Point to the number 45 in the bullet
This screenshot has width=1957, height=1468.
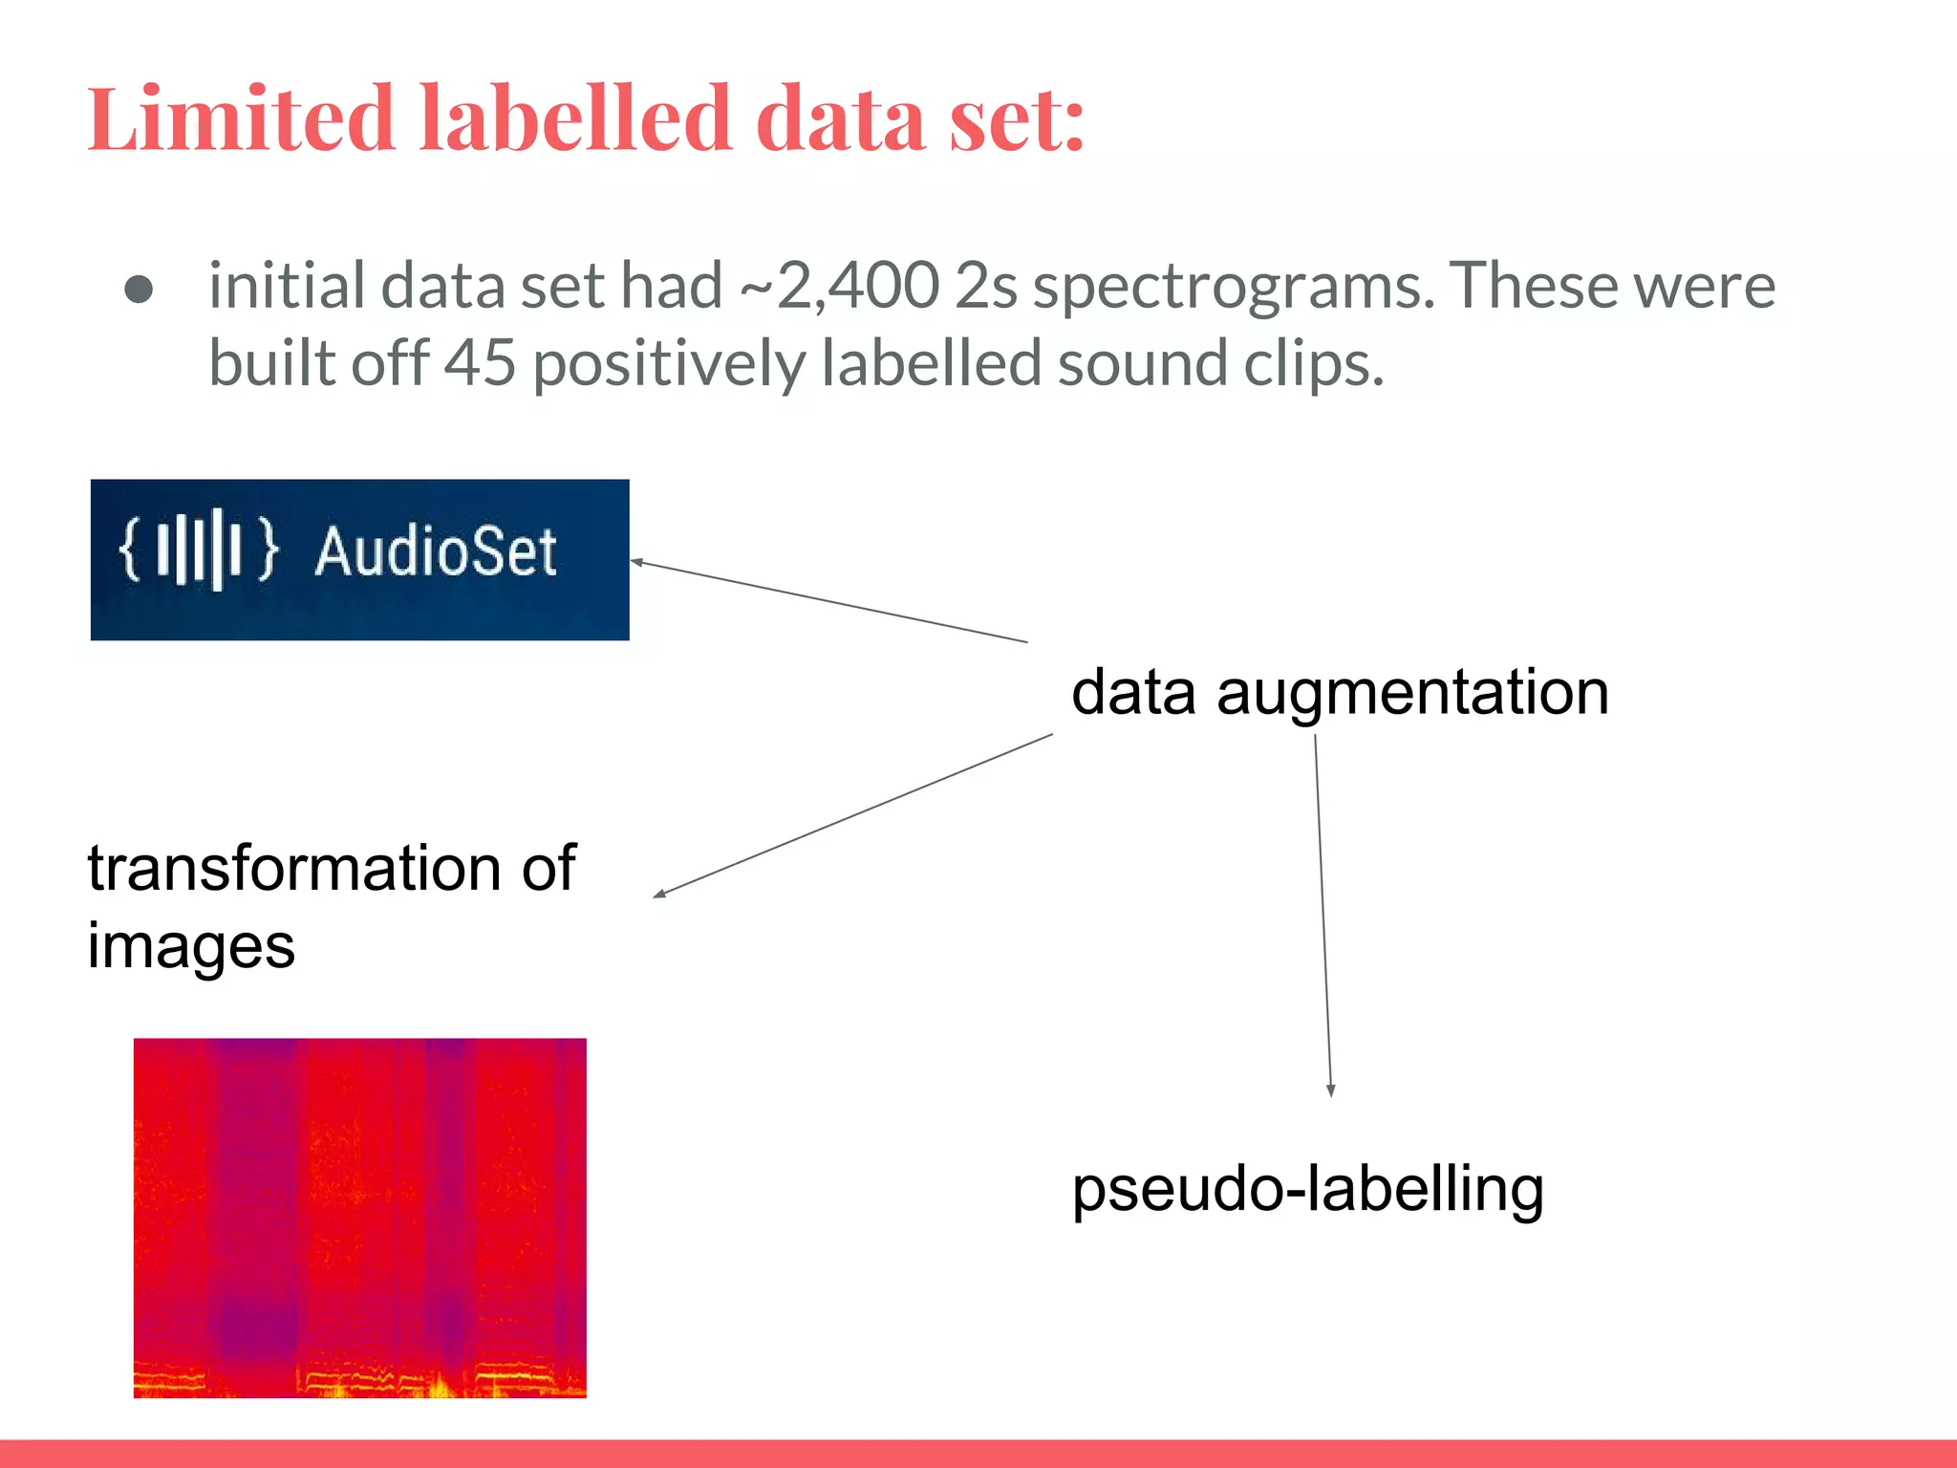tap(481, 364)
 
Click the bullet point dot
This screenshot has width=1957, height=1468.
tap(140, 290)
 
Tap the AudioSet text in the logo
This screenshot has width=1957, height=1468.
tap(436, 551)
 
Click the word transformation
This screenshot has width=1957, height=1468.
tap(294, 868)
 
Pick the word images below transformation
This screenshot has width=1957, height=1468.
tap(191, 948)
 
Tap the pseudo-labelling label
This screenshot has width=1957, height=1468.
tap(1307, 1190)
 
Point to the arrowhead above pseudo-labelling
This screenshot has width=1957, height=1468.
tap(1330, 1090)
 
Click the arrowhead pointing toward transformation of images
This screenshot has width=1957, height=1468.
tap(659, 894)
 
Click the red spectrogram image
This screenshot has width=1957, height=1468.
tap(359, 1218)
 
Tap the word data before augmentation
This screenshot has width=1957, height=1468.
tap(1133, 693)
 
